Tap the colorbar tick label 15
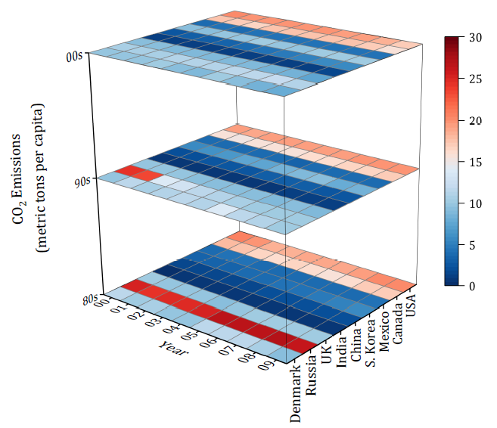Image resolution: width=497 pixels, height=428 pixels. tap(477, 162)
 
